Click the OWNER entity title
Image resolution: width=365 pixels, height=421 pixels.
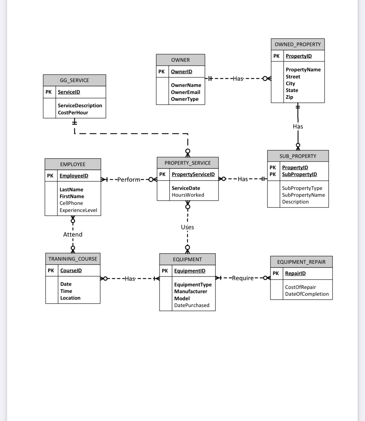180,60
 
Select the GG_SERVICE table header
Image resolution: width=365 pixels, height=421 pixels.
74,80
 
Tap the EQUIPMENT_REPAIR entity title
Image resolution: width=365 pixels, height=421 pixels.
301,262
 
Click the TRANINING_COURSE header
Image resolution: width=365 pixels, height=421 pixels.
73,259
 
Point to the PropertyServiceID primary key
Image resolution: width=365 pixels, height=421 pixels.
193,174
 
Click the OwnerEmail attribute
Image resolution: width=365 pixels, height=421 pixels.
185,92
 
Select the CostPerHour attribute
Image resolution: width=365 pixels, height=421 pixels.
73,113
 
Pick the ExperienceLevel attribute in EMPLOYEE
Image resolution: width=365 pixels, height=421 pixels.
78,210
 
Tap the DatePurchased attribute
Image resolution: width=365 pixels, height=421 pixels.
192,305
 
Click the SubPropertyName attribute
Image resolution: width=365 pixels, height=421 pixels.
303,195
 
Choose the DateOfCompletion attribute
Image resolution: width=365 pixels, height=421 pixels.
307,294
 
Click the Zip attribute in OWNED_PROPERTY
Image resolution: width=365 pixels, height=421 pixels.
289,97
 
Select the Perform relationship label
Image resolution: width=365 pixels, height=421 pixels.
128,180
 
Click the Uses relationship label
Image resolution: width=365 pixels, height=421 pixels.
187,227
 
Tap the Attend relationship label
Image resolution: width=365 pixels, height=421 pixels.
73,235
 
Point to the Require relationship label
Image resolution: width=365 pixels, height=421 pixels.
243,278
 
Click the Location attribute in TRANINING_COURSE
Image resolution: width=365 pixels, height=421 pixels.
70,298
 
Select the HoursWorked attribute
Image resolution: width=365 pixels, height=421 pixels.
188,195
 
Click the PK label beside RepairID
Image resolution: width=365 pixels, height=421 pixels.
276,273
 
